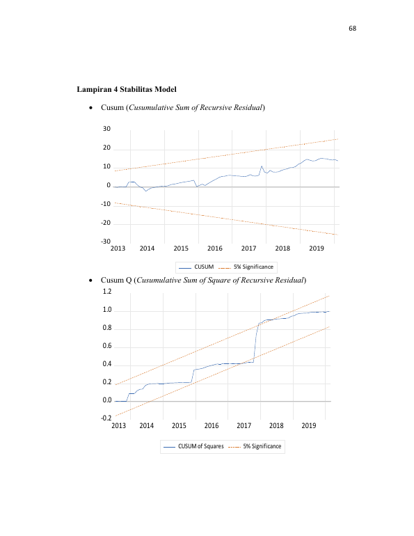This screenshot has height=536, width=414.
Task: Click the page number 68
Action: [352, 29]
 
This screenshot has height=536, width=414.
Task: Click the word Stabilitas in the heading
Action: [136, 89]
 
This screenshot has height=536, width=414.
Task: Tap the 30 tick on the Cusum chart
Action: [106, 129]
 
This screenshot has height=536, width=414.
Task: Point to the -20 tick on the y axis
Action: [106, 223]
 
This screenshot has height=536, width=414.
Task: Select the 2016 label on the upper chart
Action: [214, 249]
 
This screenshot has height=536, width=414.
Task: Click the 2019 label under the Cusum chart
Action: [317, 249]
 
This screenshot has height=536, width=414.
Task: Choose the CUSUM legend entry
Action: [196, 267]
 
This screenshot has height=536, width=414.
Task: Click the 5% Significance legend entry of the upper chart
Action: [246, 267]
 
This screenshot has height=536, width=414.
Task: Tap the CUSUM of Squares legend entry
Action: [193, 446]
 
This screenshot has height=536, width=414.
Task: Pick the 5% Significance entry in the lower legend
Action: [255, 446]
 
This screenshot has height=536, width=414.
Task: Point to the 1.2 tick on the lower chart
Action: [107, 291]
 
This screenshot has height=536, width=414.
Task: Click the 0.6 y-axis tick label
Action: [107, 345]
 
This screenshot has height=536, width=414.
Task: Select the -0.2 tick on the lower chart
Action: [106, 418]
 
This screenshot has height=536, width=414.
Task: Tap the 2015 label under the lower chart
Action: [179, 425]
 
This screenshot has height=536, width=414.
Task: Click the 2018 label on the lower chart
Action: [276, 425]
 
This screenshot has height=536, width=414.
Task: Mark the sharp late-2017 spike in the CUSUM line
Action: [262, 166]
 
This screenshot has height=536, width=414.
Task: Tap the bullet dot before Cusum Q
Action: [90, 281]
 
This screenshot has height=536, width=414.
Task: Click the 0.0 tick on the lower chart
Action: [107, 400]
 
